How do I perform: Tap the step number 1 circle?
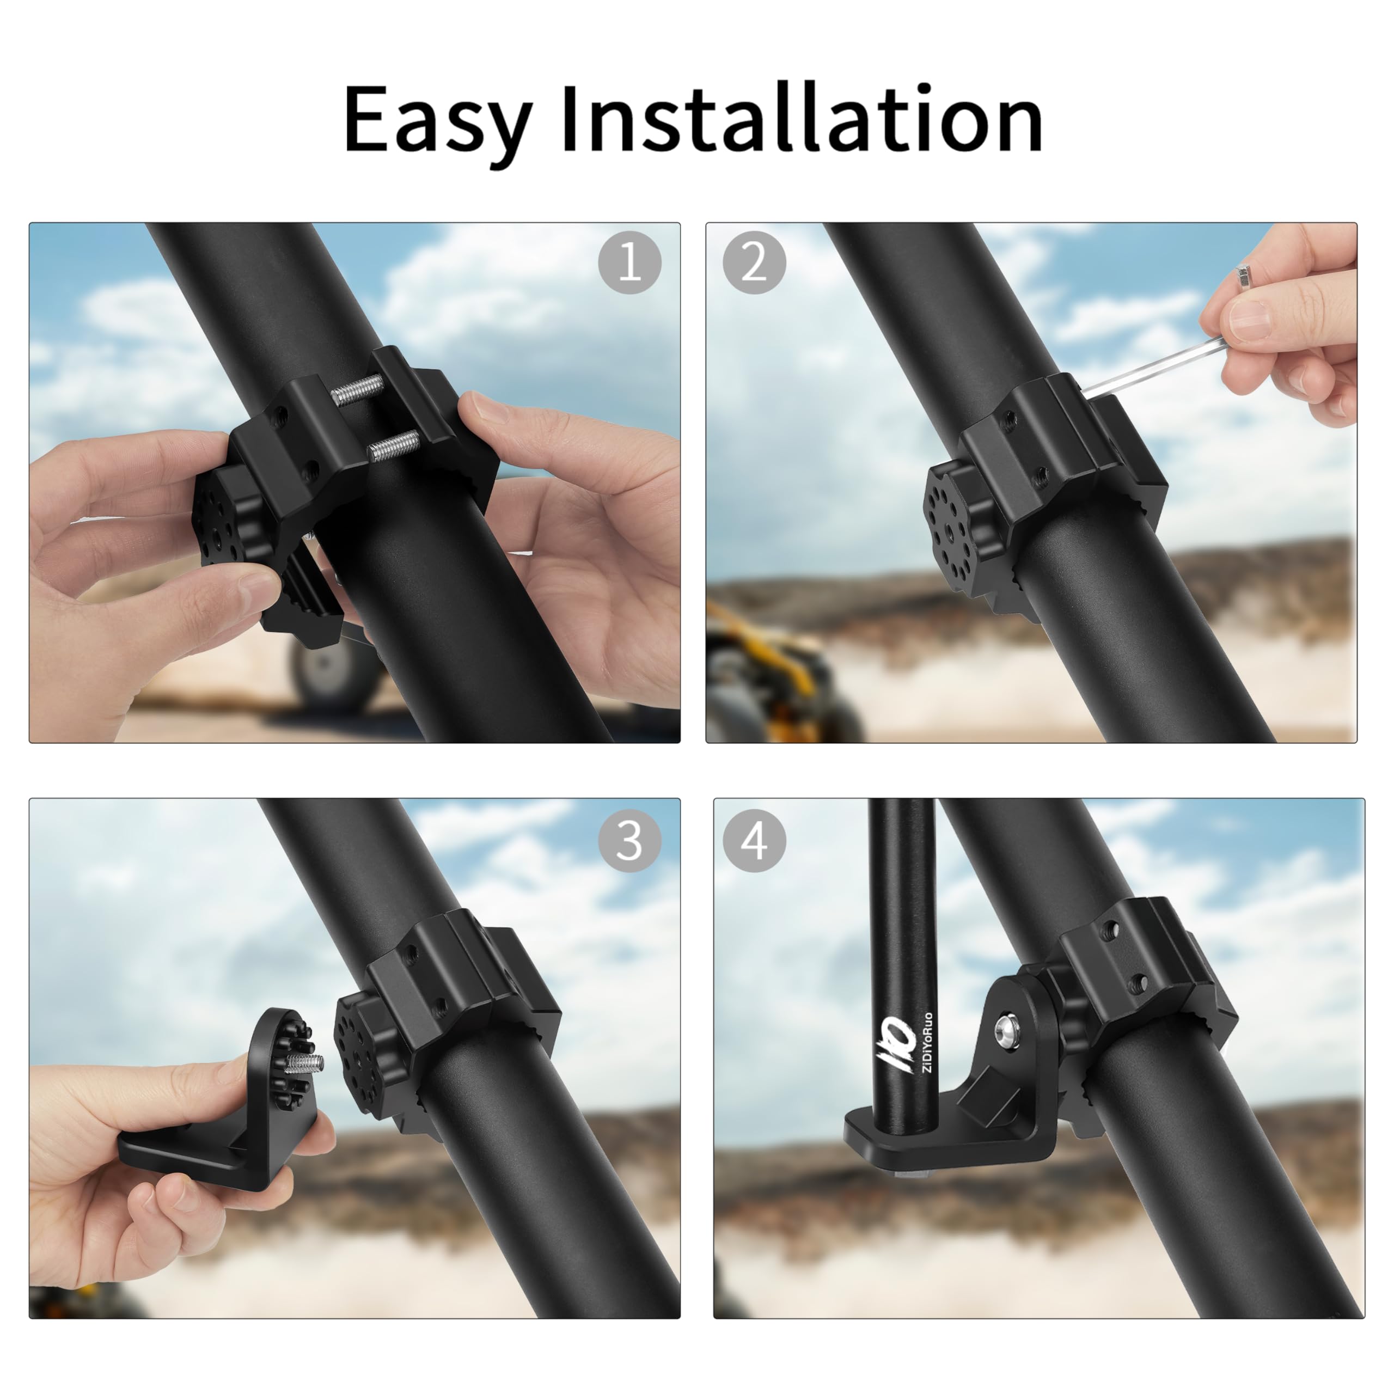pos(629,262)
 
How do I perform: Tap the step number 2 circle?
pos(754,262)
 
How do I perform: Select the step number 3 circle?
pos(629,841)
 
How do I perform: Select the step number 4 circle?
pos(754,841)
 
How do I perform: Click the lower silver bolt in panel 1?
pos(393,446)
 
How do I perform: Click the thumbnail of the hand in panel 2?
pos(1250,319)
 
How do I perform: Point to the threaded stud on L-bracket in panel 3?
pos(306,1063)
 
